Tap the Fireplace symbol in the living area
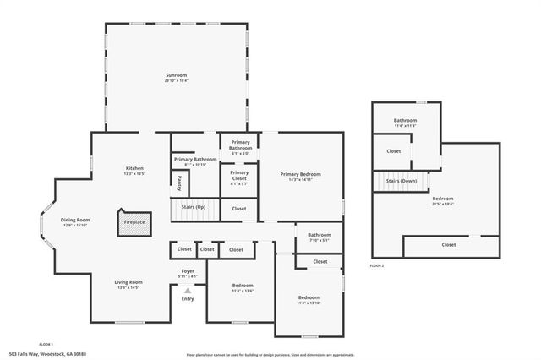click(134, 221)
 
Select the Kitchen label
click(135, 170)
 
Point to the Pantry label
click(180, 182)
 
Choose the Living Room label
click(128, 284)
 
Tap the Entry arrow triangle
click(188, 290)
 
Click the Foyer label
click(188, 272)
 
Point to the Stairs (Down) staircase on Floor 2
click(401, 181)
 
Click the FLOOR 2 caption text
click(377, 265)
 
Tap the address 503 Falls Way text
click(47, 353)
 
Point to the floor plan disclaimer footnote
click(270, 353)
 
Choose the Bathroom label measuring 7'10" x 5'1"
click(319, 237)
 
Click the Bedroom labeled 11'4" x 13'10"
click(309, 299)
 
